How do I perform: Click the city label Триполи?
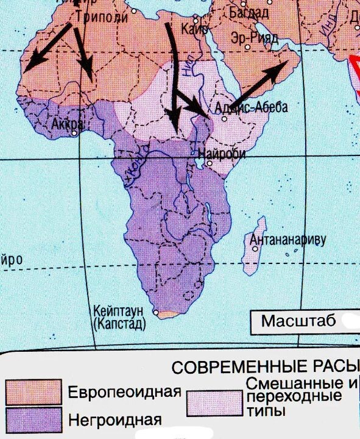point(102,17)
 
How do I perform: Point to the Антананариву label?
point(288,240)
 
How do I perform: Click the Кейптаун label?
point(119,310)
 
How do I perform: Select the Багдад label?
point(249,12)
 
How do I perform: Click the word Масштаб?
point(298,321)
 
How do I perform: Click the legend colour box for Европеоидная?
point(34,391)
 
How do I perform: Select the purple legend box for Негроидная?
point(34,419)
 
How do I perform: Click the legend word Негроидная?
point(115,419)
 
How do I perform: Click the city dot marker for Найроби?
point(208,163)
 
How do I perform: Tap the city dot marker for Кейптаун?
point(157,314)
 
